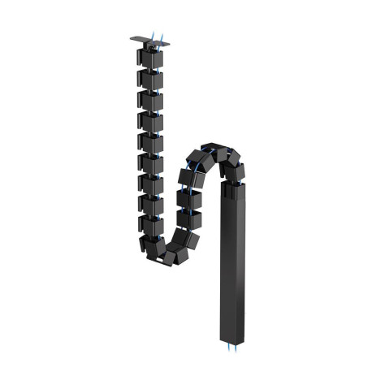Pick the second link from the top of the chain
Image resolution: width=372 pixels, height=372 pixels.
150,79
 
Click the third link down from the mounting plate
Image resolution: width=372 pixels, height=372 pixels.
150,100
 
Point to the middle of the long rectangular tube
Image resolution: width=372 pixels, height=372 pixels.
233,260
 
